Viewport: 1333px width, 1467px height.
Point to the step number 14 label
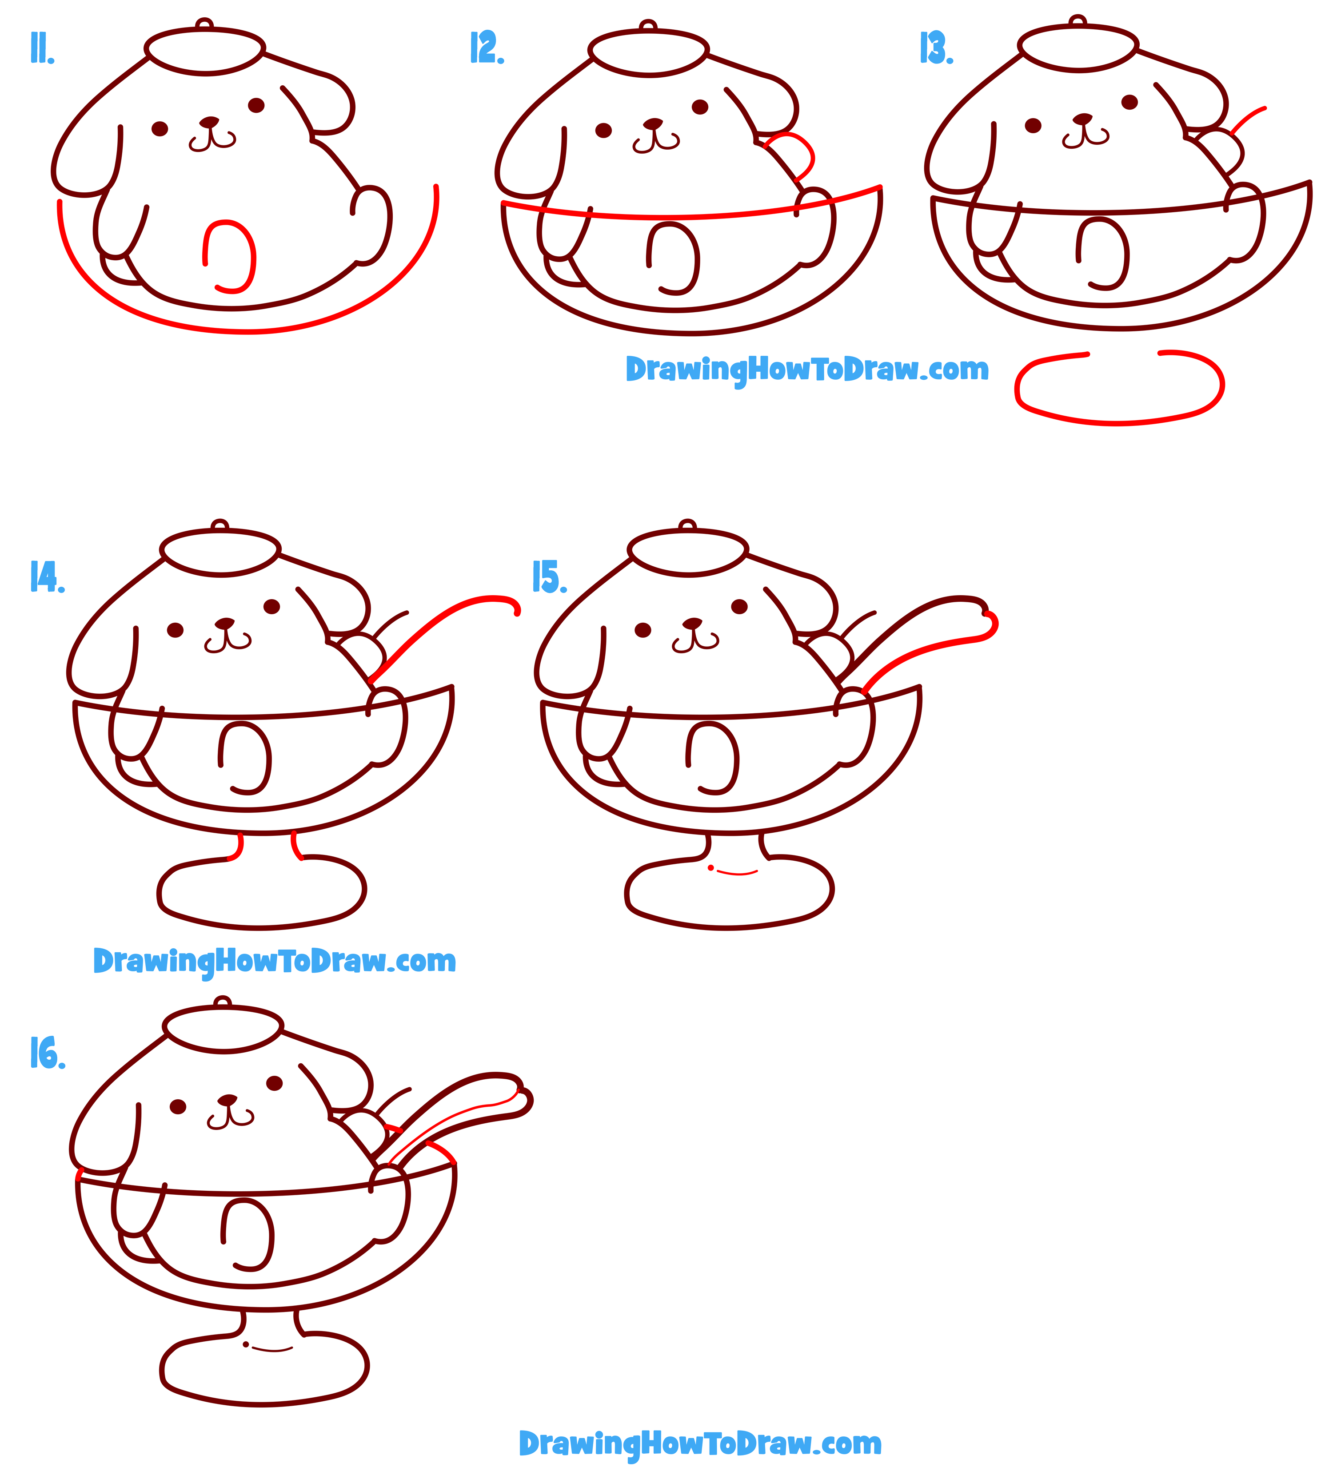tap(47, 577)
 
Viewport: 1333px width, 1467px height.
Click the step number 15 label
tap(549, 577)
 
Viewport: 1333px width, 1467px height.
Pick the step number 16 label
tap(47, 1053)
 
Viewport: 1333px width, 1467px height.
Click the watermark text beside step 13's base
tap(806, 370)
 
